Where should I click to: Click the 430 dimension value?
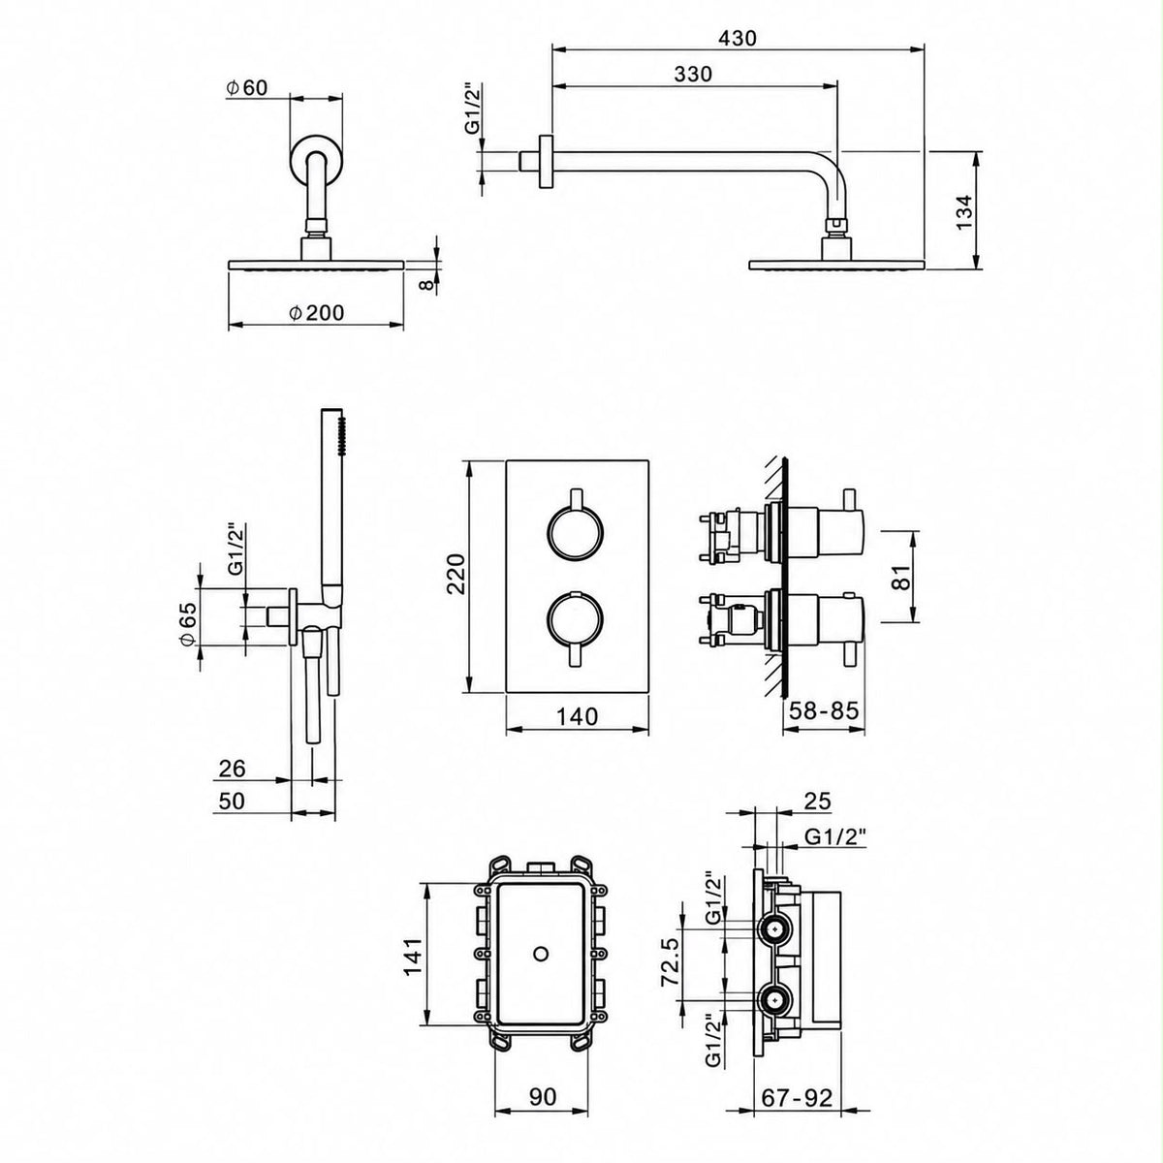738,38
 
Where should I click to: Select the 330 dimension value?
693,74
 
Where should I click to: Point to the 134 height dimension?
964,210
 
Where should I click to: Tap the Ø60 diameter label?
247,88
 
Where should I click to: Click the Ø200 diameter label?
316,313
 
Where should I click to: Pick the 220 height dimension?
456,574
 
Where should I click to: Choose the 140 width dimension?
577,716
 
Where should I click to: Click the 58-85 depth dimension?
824,710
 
